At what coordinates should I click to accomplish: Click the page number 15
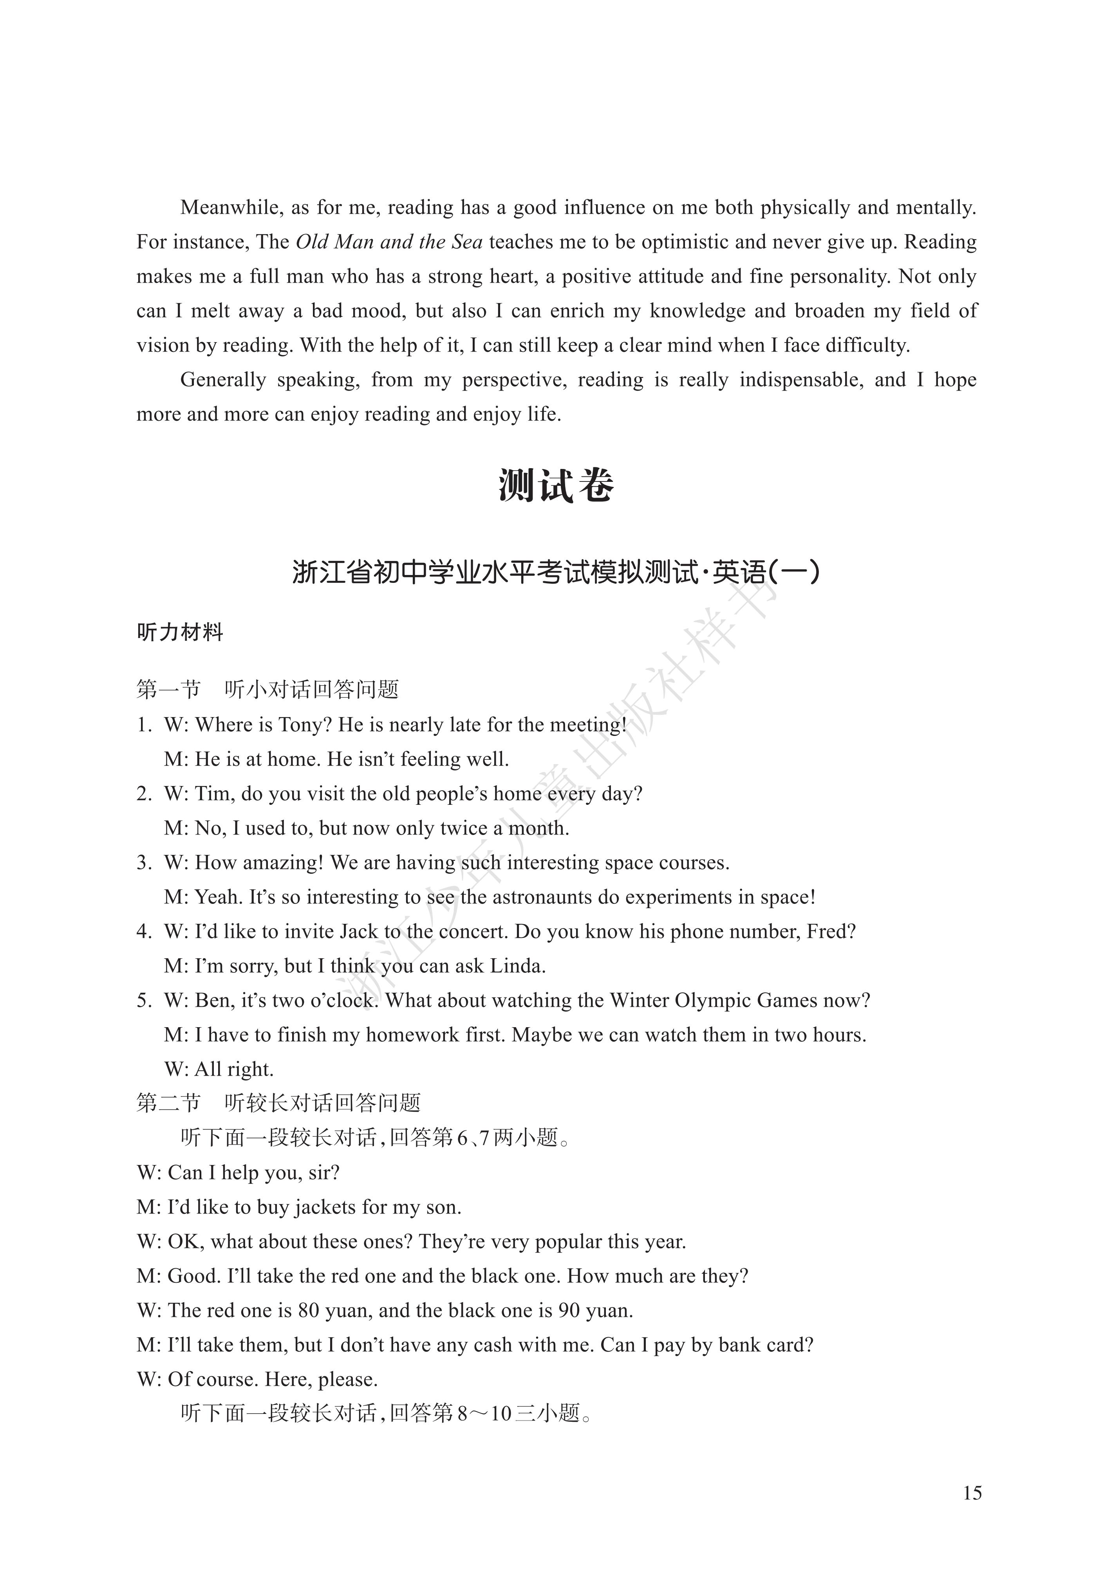972,1493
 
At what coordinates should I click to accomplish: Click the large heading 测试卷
555,486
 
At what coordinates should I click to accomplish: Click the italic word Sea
466,242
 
